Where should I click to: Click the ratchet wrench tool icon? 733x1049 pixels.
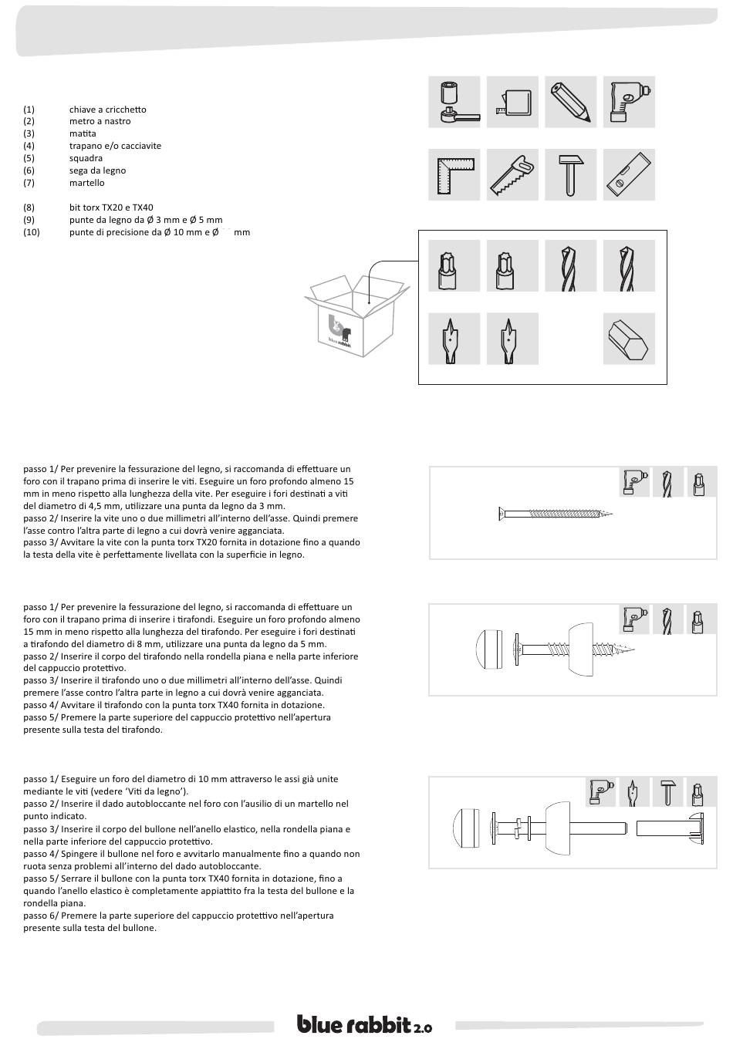pos(454,102)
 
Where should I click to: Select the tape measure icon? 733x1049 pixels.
pos(513,102)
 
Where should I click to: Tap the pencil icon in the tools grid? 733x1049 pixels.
pos(571,102)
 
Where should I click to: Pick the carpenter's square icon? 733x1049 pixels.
pos(454,175)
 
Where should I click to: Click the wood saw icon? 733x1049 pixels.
pos(513,175)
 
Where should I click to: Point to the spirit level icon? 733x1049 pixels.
pos(629,175)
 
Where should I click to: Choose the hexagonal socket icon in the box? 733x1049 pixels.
pos(629,339)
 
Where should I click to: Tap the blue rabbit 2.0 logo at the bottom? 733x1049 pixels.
pos(365,1024)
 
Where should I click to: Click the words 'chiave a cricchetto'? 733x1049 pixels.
pos(107,110)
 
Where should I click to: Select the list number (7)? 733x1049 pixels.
pos(29,183)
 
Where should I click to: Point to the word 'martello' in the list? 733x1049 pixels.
pos(86,183)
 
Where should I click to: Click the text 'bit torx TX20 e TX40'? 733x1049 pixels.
pos(111,207)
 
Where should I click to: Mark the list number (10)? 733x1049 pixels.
pos(32,232)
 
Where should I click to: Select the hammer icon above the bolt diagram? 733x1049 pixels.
pos(667,792)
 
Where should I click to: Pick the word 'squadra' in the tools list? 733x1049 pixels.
pos(86,158)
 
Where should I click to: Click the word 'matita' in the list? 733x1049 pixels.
pos(83,133)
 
